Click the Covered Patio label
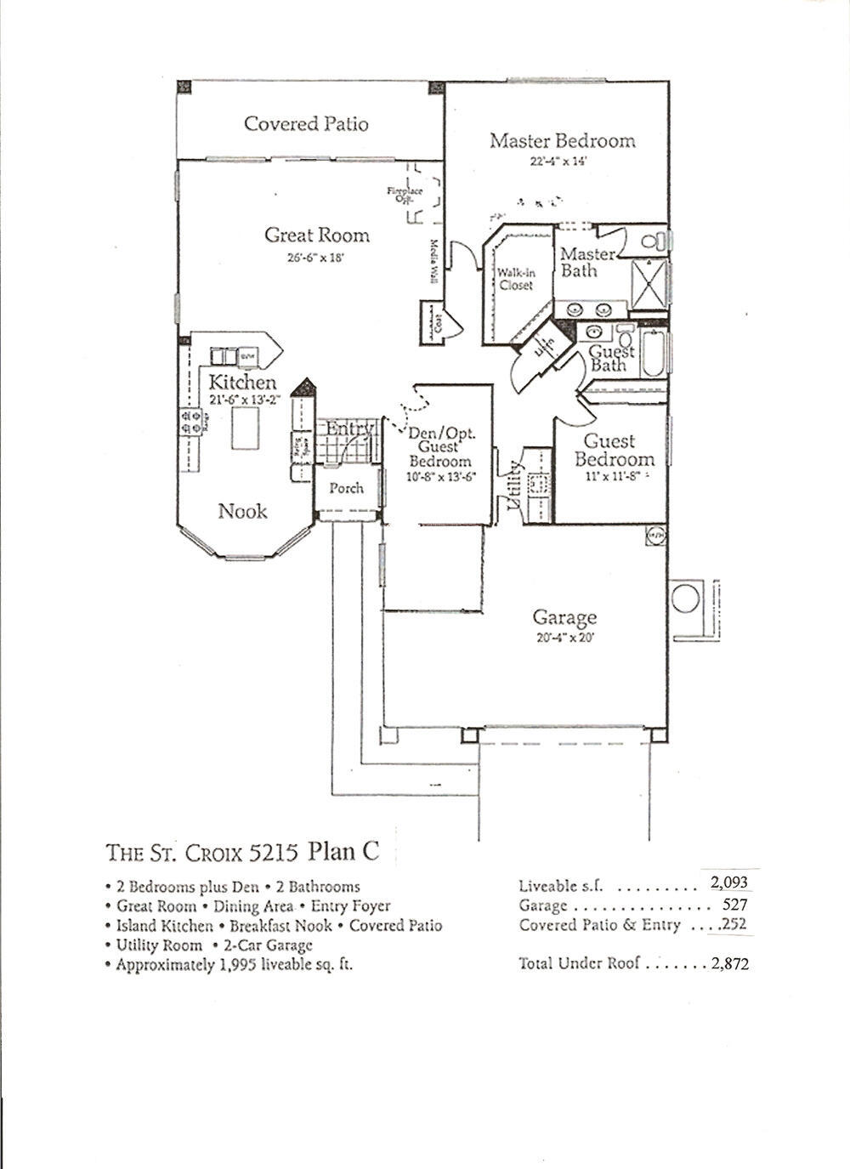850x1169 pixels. pos(306,124)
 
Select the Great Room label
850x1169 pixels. pos(316,236)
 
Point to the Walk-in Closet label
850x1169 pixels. pos(516,280)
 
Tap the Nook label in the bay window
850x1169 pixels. pos(242,511)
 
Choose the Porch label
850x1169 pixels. pos(346,488)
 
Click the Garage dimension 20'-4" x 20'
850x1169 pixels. pos(564,638)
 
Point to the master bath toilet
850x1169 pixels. pos(654,241)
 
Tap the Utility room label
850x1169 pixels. pos(514,485)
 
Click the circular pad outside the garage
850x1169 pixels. pos(685,598)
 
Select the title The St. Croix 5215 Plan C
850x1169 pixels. pos(242,850)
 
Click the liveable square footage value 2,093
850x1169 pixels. pos(728,882)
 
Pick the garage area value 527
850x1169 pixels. pos(734,905)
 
